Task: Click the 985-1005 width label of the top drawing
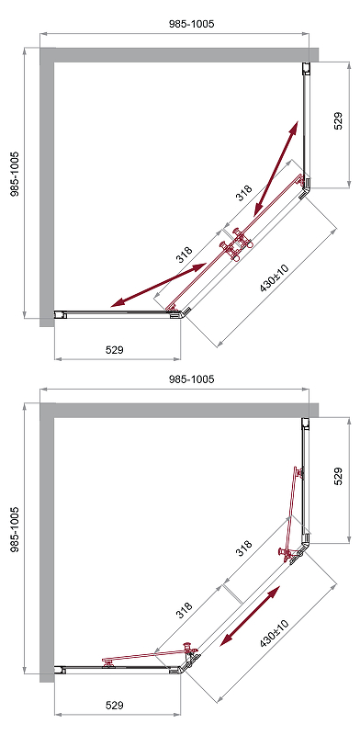pos(191,24)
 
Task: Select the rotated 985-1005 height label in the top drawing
pos(15,174)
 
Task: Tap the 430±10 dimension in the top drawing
pos(276,278)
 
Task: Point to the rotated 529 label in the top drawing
pos(339,120)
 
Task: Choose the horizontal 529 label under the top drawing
pos(114,350)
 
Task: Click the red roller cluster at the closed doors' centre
pos(236,245)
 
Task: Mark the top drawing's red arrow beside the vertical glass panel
pos(276,168)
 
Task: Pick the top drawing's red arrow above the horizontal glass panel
pos(160,286)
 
